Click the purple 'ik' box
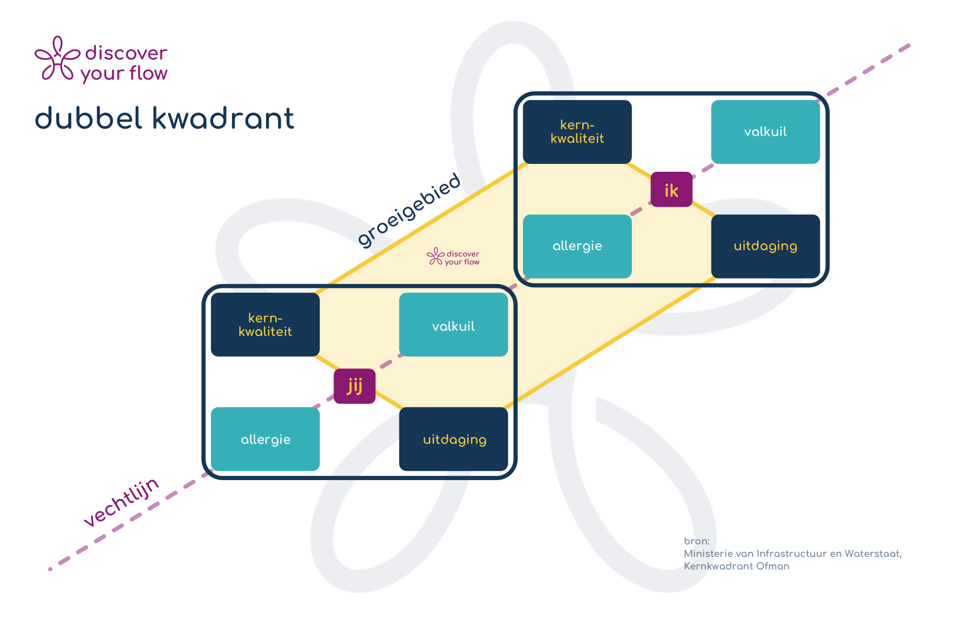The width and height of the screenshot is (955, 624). (x=671, y=190)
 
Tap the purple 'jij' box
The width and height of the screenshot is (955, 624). (x=354, y=386)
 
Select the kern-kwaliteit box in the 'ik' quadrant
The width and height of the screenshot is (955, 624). (x=577, y=132)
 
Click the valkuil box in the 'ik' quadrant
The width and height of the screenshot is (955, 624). (x=765, y=132)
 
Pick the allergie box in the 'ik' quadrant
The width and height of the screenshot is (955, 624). (x=577, y=246)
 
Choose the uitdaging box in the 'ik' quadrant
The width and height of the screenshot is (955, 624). (x=765, y=246)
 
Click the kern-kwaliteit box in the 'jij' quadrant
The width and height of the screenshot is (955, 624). (x=265, y=325)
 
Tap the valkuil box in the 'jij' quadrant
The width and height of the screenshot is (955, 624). (x=453, y=325)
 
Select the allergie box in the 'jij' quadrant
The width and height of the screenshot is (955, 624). (x=265, y=439)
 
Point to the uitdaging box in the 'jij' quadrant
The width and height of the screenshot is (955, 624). (x=453, y=439)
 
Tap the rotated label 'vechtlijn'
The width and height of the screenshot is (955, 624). (x=121, y=502)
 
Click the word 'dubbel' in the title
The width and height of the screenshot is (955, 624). (x=88, y=118)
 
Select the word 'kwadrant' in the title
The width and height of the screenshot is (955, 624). (x=224, y=118)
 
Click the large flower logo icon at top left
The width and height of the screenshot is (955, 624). (x=57, y=59)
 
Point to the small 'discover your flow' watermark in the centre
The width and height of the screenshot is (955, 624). (x=453, y=257)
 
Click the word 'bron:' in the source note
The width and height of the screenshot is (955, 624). (x=696, y=541)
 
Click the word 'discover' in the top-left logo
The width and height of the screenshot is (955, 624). (x=126, y=53)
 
